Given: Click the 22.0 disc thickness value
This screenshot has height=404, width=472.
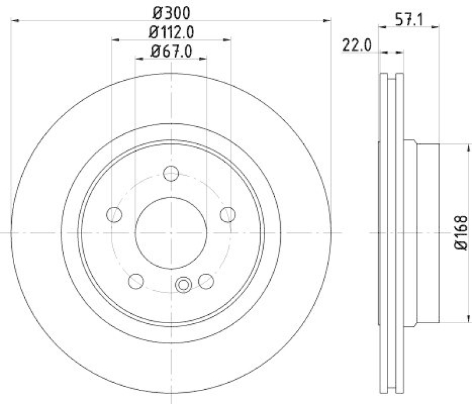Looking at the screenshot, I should coord(355,45).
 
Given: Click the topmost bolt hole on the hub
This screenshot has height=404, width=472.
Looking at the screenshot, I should coord(171,174).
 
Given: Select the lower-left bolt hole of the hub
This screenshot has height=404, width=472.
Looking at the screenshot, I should coord(136,280).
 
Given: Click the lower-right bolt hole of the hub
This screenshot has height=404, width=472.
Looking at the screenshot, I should coord(206,280).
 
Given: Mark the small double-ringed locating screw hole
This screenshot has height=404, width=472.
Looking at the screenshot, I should coord(183,285).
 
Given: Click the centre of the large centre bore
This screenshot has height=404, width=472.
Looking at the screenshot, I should coord(171,231).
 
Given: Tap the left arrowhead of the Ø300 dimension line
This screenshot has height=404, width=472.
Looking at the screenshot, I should coord(15,21).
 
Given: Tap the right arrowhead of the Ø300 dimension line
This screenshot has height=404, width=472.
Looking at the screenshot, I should coord(327,21).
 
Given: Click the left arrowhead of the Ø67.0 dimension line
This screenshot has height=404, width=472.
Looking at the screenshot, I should coord(139,58).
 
